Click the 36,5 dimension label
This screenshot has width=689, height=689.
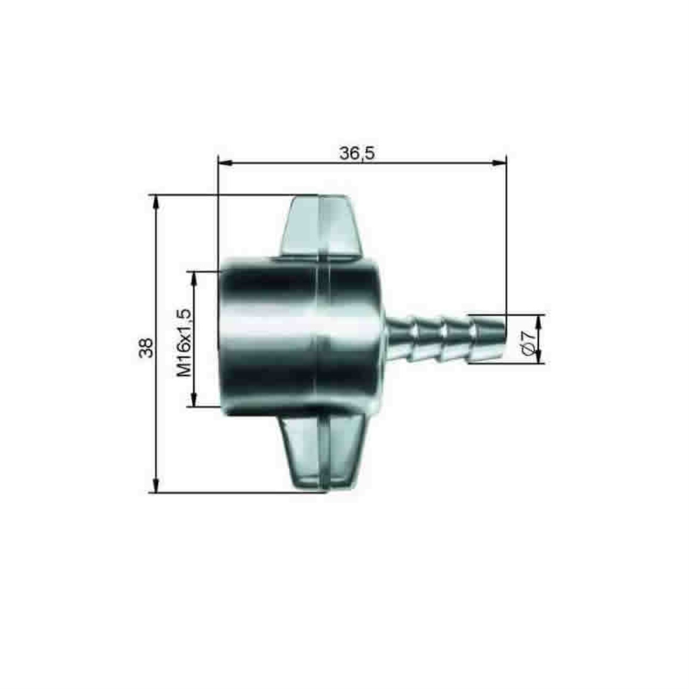357,153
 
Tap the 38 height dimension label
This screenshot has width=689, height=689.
146,348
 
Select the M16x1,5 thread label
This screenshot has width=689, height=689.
184,342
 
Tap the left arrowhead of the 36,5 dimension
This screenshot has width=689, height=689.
225,163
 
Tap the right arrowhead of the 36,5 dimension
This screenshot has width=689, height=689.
500,163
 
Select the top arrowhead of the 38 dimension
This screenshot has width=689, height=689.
155,202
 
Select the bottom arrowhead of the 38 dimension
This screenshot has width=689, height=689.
155,486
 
